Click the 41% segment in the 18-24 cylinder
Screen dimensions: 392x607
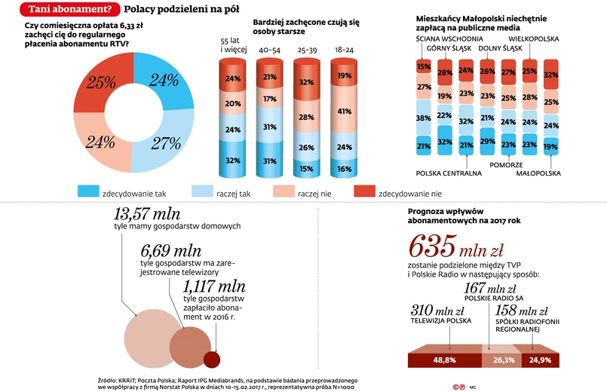[343, 112]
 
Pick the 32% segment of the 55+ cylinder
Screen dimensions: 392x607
[233, 160]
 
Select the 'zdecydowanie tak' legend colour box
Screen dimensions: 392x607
[88, 192]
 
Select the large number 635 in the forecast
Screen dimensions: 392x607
[432, 246]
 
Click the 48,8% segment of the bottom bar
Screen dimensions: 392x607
[444, 360]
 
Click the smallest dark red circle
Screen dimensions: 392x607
[212, 360]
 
